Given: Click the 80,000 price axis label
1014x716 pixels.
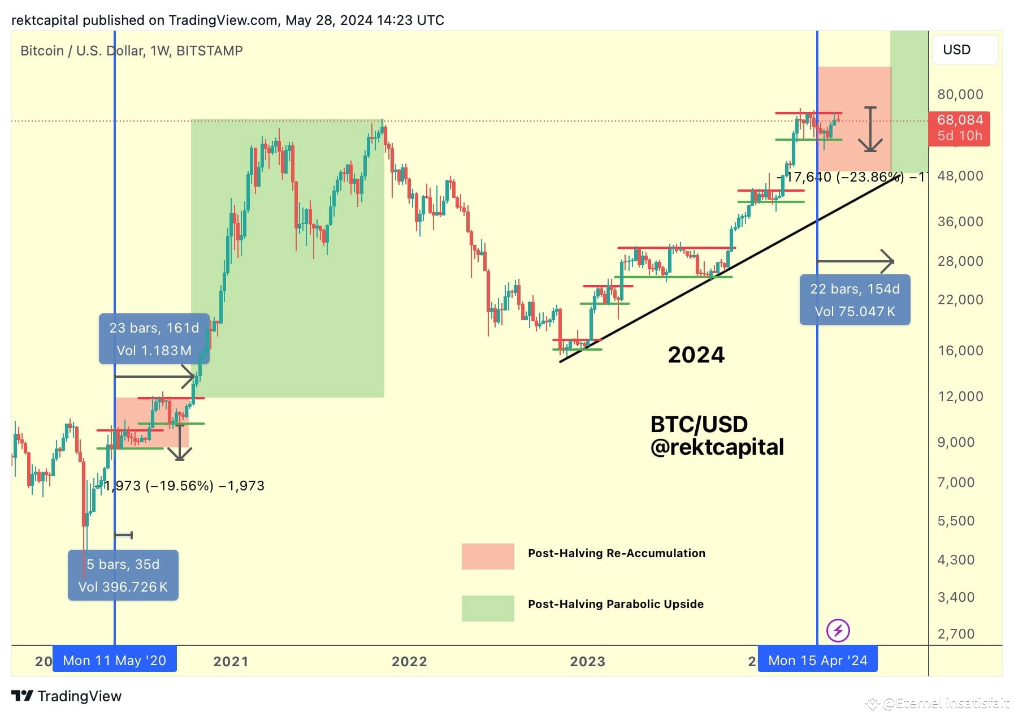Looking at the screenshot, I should point(960,94).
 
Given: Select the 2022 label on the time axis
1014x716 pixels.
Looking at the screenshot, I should point(409,661).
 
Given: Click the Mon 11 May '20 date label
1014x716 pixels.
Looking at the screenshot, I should point(115,661).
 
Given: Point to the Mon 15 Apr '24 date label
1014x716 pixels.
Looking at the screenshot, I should point(817,661).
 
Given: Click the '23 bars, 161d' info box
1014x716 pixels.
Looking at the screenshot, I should point(154,339).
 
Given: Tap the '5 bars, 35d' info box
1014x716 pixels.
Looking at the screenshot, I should point(123,575).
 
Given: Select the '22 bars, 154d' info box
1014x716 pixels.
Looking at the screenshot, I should point(855,300).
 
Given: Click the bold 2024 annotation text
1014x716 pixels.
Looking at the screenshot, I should point(696,355).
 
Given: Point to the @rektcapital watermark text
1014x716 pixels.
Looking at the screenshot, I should point(717,447).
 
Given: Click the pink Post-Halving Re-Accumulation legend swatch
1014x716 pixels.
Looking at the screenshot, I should point(488,556).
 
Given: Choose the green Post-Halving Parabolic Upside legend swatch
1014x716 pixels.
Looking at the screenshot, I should point(488,608).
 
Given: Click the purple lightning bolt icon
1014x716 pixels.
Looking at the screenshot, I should point(838,630).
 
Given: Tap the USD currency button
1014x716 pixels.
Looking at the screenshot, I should point(964,50).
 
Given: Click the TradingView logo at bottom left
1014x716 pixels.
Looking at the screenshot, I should point(67,696).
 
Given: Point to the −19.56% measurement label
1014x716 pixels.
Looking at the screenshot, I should point(180,486).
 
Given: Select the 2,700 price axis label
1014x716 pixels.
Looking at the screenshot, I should point(956,633).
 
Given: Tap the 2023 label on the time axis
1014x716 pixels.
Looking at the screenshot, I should point(587,661).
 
